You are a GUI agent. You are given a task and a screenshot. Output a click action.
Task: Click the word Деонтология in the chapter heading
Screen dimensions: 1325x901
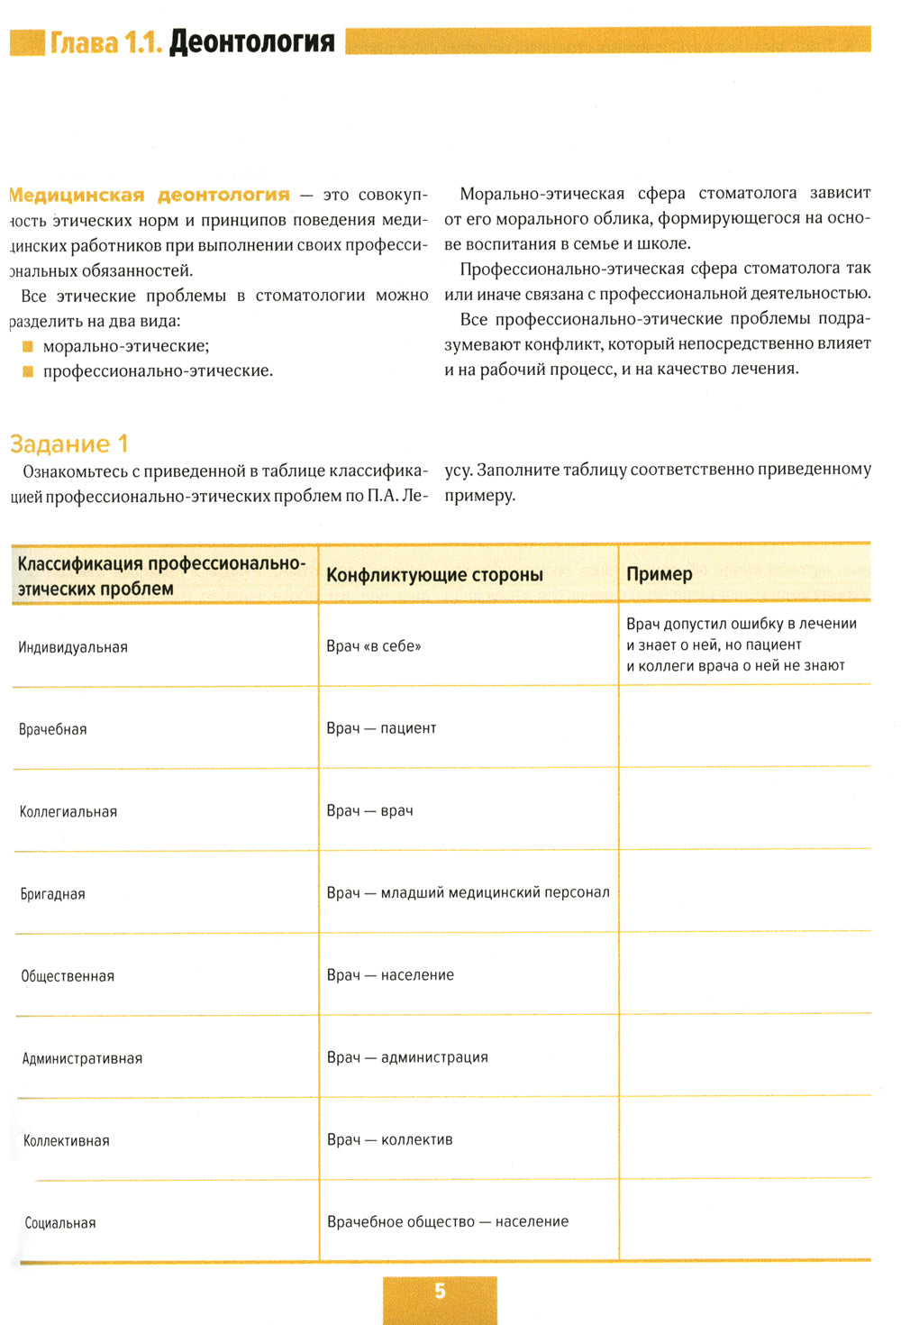251,41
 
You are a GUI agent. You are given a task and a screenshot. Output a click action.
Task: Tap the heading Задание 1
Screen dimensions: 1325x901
69,443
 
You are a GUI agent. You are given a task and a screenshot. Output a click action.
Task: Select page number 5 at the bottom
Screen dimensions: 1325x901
440,1291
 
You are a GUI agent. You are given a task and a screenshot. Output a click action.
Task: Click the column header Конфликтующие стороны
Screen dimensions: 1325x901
434,575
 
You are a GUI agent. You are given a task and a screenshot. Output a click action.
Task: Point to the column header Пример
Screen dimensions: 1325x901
660,574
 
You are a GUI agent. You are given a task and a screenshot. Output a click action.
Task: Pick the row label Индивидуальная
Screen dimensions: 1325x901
73,647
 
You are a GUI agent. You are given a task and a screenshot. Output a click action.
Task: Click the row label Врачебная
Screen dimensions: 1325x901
53,729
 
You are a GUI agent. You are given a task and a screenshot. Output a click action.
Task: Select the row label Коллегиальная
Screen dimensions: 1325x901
68,811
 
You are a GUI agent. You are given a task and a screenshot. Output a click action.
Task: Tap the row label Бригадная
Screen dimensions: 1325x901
53,894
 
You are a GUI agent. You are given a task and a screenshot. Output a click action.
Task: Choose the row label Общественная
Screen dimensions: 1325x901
68,976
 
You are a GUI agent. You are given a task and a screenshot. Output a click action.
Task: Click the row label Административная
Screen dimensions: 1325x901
82,1058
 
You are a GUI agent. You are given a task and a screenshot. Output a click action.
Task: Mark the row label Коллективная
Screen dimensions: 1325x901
67,1141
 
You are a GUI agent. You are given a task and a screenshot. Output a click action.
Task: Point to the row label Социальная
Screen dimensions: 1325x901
60,1223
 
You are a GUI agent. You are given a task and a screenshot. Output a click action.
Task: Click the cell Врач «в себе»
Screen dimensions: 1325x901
374,646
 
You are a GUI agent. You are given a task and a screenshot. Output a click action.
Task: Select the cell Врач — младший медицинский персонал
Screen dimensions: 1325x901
468,892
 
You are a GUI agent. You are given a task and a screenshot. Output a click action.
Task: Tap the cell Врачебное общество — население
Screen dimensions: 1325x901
448,1221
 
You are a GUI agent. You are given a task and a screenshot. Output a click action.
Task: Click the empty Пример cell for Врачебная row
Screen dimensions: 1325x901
744,727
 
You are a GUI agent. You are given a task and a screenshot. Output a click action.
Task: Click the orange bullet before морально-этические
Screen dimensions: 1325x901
28,347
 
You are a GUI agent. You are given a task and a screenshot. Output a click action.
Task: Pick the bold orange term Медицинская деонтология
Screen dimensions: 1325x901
150,195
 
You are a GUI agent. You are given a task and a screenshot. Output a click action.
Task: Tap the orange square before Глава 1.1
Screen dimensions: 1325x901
27,42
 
